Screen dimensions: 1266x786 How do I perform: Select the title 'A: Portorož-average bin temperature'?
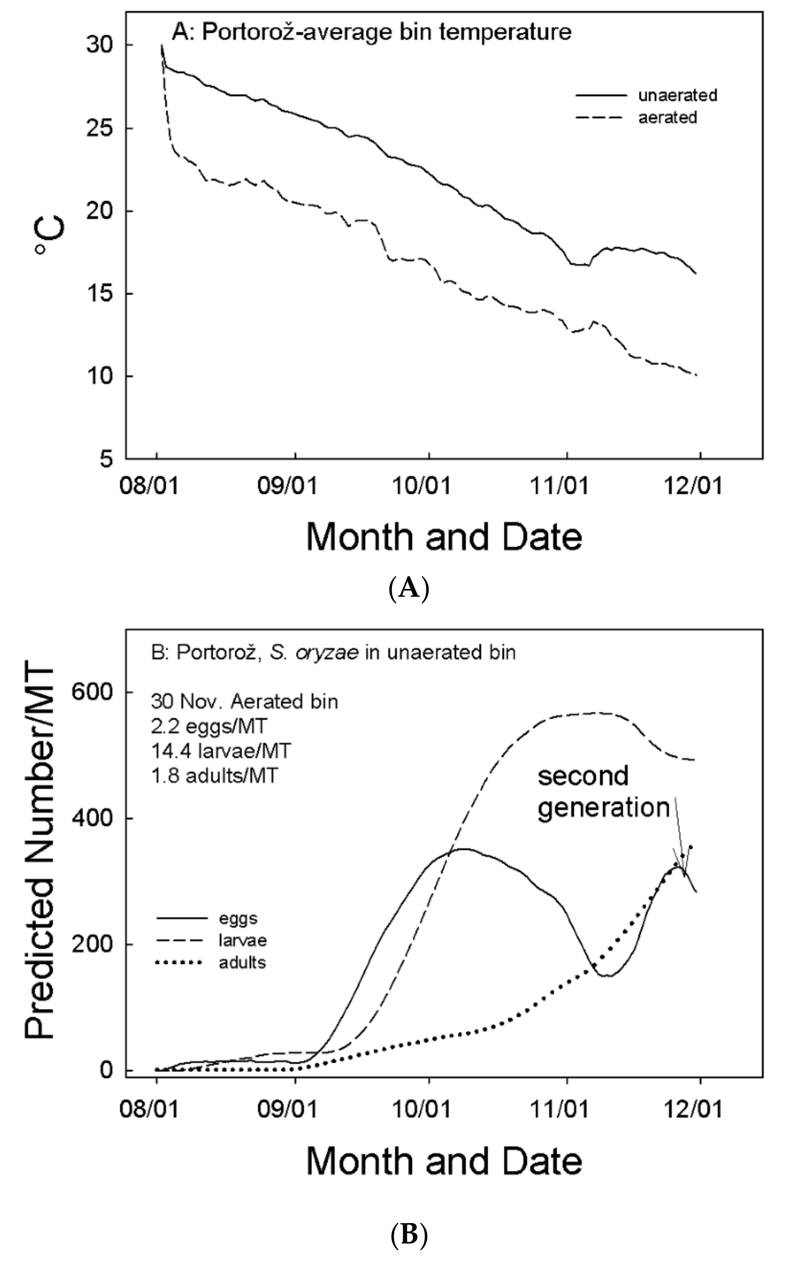pos(372,32)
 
